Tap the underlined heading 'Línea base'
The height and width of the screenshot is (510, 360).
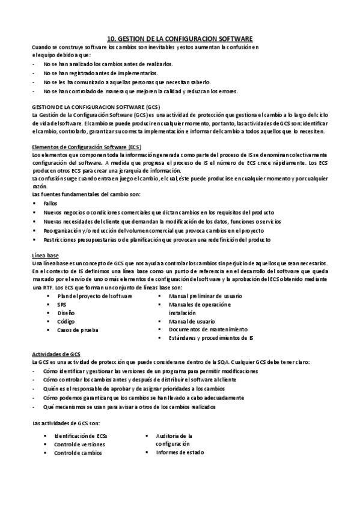click(x=46, y=255)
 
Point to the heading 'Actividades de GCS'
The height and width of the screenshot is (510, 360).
click(x=56, y=355)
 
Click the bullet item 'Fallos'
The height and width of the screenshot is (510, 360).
click(x=51, y=204)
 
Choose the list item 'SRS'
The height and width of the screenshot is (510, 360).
click(x=62, y=305)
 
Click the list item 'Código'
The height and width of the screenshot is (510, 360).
click(x=66, y=321)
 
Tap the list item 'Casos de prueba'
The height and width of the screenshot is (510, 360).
click(x=78, y=330)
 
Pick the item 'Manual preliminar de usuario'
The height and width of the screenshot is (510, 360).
click(x=206, y=296)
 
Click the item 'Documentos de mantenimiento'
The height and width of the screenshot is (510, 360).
click(x=208, y=330)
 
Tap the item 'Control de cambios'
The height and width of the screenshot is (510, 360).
click(x=78, y=452)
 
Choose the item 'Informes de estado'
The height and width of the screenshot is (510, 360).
click(x=180, y=452)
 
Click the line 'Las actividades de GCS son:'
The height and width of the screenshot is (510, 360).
click(x=69, y=423)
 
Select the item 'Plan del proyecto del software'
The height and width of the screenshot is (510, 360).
click(x=91, y=296)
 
